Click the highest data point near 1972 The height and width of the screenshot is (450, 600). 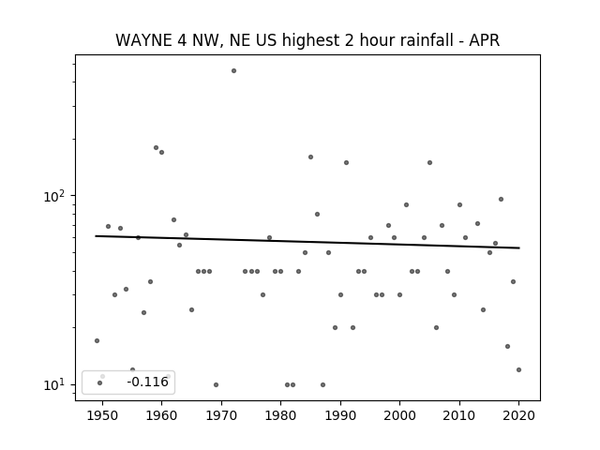(x=233, y=71)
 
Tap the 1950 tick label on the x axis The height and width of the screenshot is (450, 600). (x=102, y=415)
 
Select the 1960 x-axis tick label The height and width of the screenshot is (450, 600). (x=161, y=415)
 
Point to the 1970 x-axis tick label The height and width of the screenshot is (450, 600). (x=221, y=415)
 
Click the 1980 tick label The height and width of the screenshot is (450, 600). (x=280, y=415)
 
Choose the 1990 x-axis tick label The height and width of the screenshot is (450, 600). (x=340, y=415)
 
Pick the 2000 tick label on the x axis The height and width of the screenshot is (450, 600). (x=400, y=415)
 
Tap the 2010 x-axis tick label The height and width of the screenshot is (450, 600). (x=459, y=415)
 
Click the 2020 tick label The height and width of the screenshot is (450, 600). (x=518, y=415)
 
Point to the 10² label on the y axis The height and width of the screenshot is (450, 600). (x=54, y=196)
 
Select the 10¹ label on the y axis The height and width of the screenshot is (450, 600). (x=54, y=385)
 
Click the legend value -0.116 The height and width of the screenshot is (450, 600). (x=148, y=382)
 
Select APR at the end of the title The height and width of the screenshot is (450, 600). (x=485, y=40)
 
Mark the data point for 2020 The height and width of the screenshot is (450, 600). (x=518, y=370)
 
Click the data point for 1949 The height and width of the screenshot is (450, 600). (x=97, y=341)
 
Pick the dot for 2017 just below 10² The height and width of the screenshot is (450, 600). (x=501, y=200)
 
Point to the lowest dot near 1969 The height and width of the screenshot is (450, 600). (x=217, y=385)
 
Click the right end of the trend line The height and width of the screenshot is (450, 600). (x=519, y=247)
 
